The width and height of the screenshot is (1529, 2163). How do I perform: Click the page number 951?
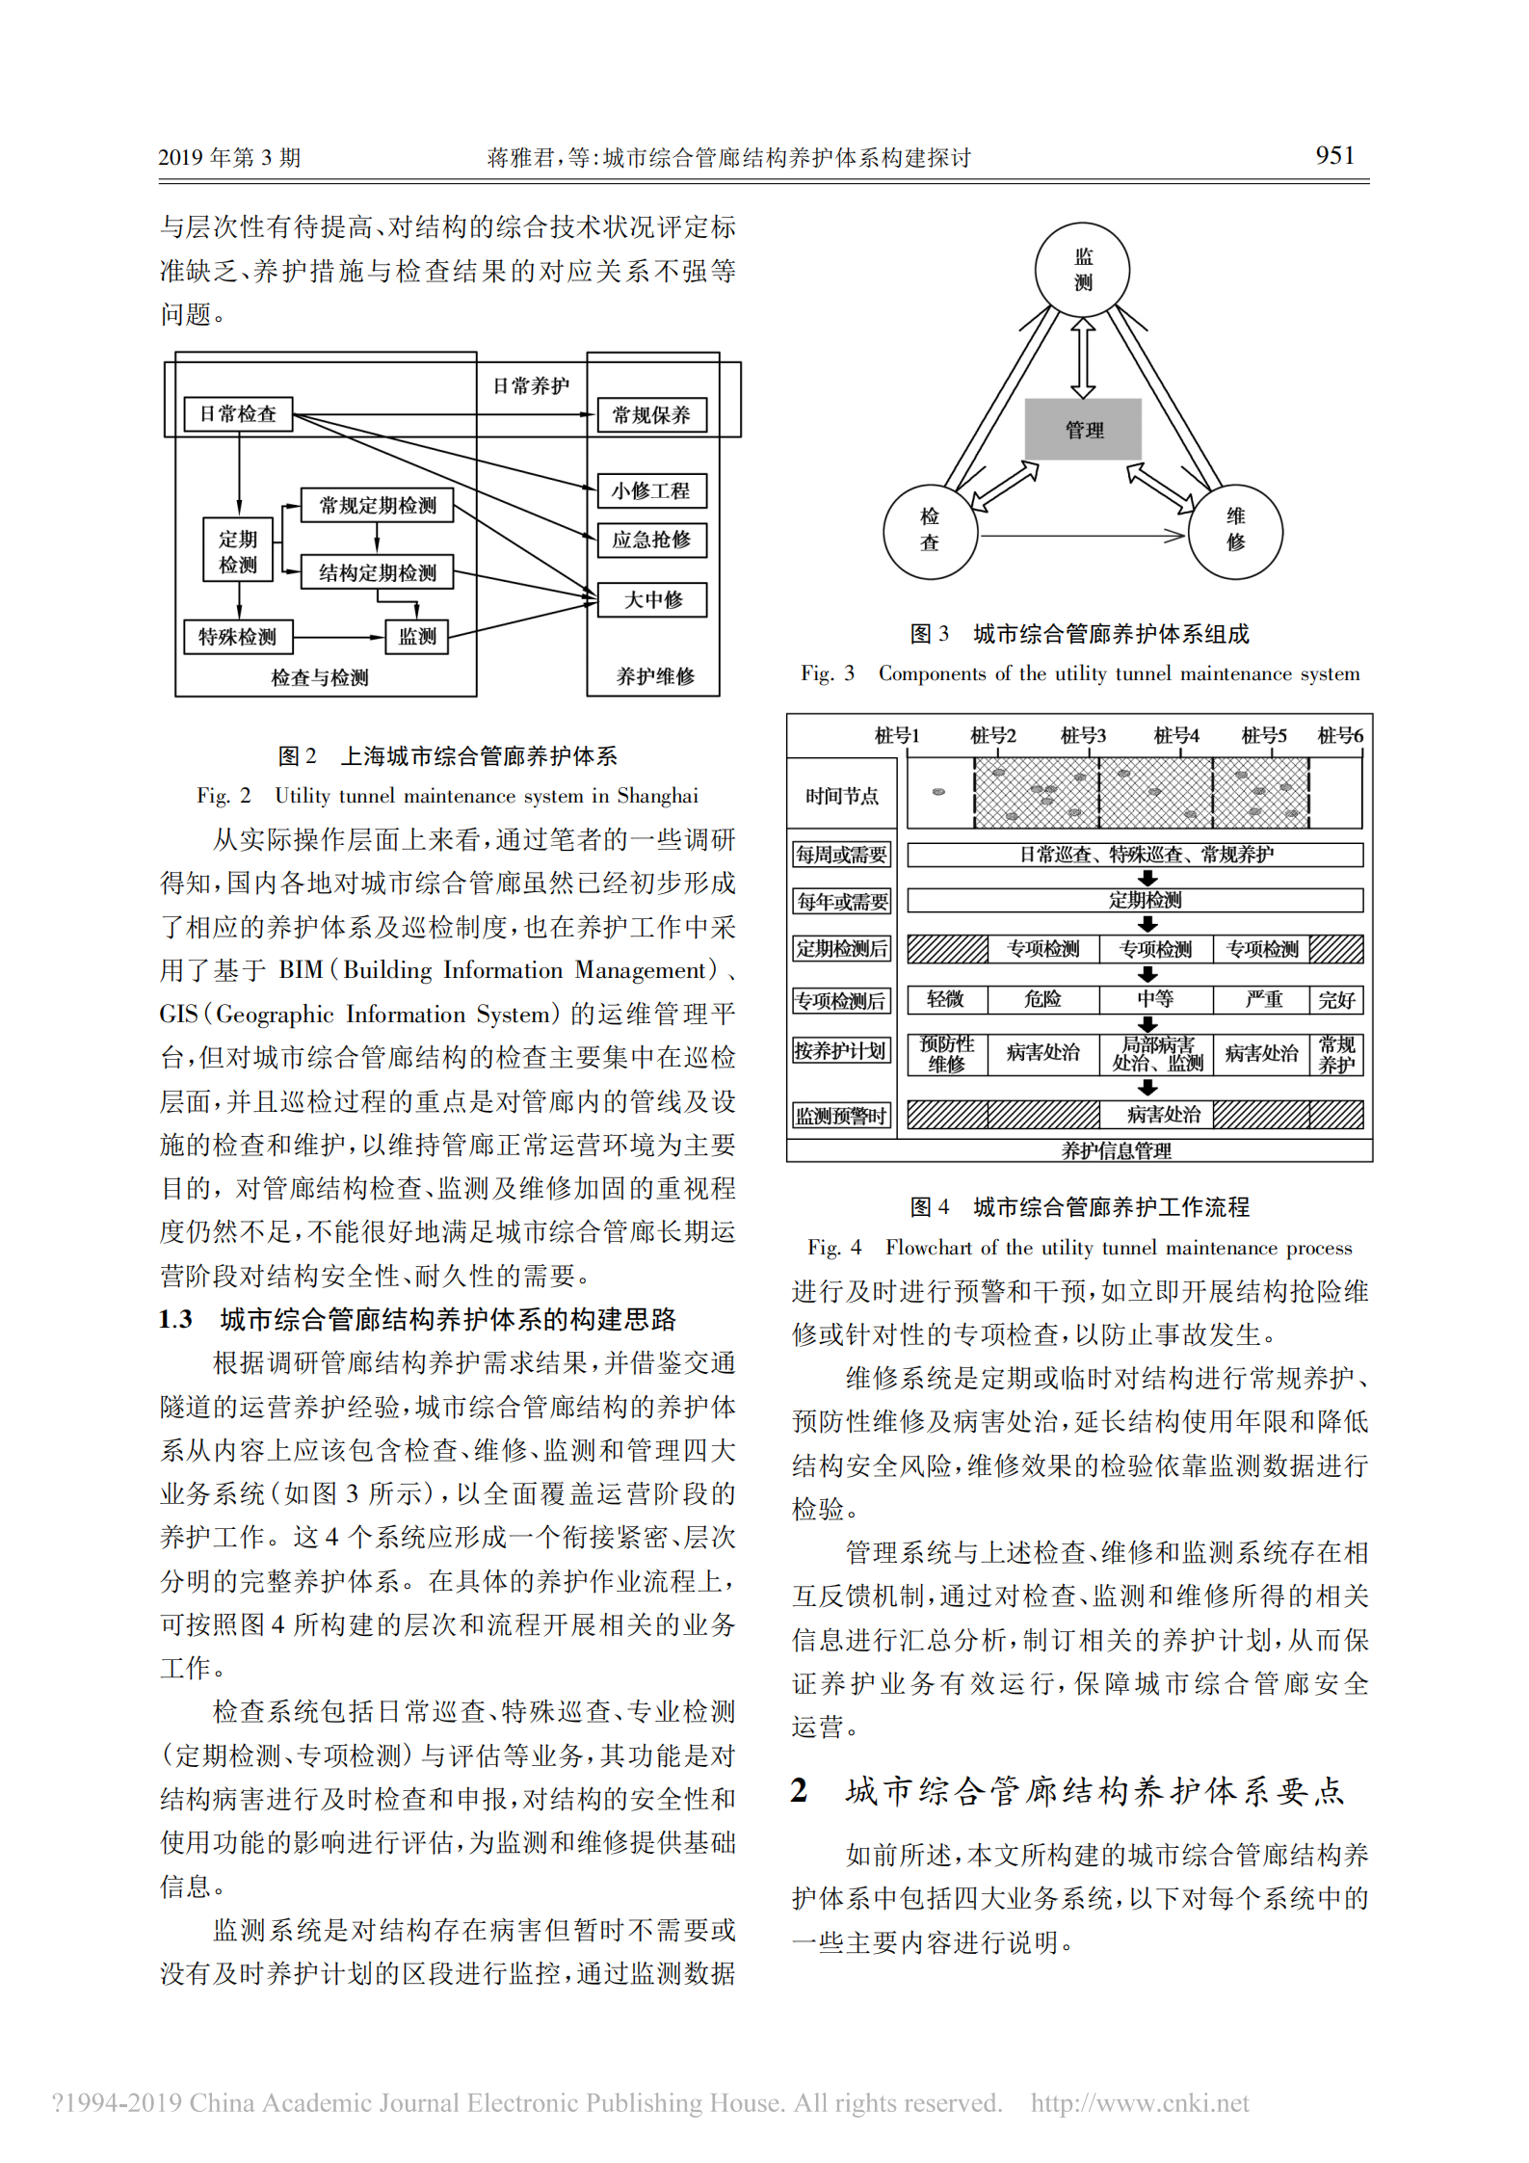coord(1334,155)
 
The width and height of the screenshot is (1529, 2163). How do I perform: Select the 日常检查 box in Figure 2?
coord(238,414)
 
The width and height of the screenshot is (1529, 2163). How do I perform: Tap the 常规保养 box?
coord(651,415)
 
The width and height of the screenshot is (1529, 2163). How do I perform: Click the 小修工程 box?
coord(651,490)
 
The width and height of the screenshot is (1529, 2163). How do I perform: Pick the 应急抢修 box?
coord(651,540)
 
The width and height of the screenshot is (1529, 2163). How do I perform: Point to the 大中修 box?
coord(652,599)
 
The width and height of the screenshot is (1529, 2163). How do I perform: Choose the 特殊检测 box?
coord(238,637)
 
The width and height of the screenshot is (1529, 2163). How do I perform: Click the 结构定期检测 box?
coord(377,572)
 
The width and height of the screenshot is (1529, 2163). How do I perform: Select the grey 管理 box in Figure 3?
coord(1083,430)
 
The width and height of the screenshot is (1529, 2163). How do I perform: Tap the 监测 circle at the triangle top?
coord(1083,270)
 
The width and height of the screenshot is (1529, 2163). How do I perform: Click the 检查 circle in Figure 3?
coord(930,531)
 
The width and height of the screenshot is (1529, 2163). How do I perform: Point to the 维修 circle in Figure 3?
coord(1235,531)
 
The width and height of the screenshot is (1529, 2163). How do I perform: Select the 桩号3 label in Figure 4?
coord(1083,736)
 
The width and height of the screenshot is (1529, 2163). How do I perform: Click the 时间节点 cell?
coord(842,796)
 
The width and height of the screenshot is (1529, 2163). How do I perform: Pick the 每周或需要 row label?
coord(841,855)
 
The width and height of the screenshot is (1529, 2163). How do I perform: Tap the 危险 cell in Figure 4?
coord(1042,999)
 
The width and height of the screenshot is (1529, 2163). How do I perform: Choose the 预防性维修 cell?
coord(947,1054)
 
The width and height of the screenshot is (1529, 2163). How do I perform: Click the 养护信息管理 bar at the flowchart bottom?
coord(1116,1150)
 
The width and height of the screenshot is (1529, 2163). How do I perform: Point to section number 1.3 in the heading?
coord(176,1319)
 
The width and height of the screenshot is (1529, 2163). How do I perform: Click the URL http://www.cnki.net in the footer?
coord(1139,2102)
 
